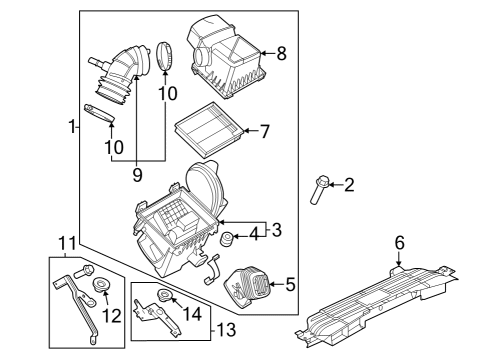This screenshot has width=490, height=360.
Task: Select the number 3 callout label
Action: (x=277, y=230)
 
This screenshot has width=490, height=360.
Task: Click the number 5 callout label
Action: (x=289, y=285)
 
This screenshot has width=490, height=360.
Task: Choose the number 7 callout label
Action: (x=265, y=131)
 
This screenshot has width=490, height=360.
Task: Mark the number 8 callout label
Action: (x=281, y=54)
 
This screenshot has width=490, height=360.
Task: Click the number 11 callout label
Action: (x=67, y=243)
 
